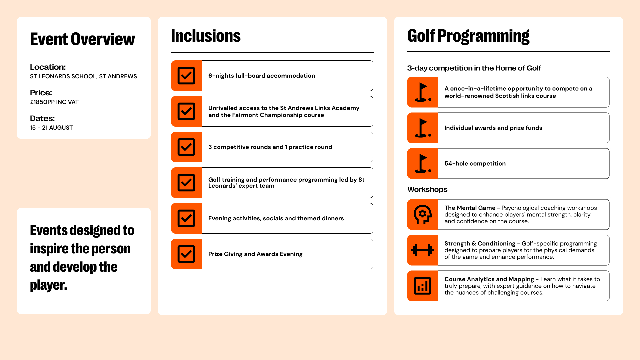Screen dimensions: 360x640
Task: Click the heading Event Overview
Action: [x=82, y=39]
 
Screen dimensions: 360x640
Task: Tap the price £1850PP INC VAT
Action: [x=54, y=102]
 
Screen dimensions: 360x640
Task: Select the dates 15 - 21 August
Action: [x=51, y=128]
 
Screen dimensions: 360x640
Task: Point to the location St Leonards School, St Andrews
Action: [x=83, y=76]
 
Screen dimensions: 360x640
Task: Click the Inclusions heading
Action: [x=206, y=36]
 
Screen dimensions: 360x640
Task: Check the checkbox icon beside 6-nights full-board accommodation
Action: [x=186, y=76]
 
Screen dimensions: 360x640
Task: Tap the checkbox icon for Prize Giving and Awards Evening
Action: [x=186, y=254]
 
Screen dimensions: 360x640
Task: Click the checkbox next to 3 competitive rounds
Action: [x=186, y=147]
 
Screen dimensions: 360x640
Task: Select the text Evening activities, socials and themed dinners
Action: [x=276, y=218]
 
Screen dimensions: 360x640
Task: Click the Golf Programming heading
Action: [x=468, y=36]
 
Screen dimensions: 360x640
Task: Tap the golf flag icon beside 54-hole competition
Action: [x=422, y=164]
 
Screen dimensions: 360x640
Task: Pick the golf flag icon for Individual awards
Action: [x=422, y=128]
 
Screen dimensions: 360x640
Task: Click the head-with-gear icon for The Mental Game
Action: [x=422, y=215]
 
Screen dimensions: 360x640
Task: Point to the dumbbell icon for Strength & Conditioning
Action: [x=422, y=250]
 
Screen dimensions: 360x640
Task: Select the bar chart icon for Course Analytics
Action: [x=422, y=286]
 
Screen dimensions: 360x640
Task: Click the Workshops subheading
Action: [x=427, y=189]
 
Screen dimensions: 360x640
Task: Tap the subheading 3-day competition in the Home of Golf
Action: [x=474, y=68]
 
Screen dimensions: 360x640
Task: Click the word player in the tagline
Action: [x=48, y=285]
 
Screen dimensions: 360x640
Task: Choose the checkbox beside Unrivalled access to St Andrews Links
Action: [x=186, y=111]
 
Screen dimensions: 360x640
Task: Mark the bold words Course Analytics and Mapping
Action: [x=489, y=279]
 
